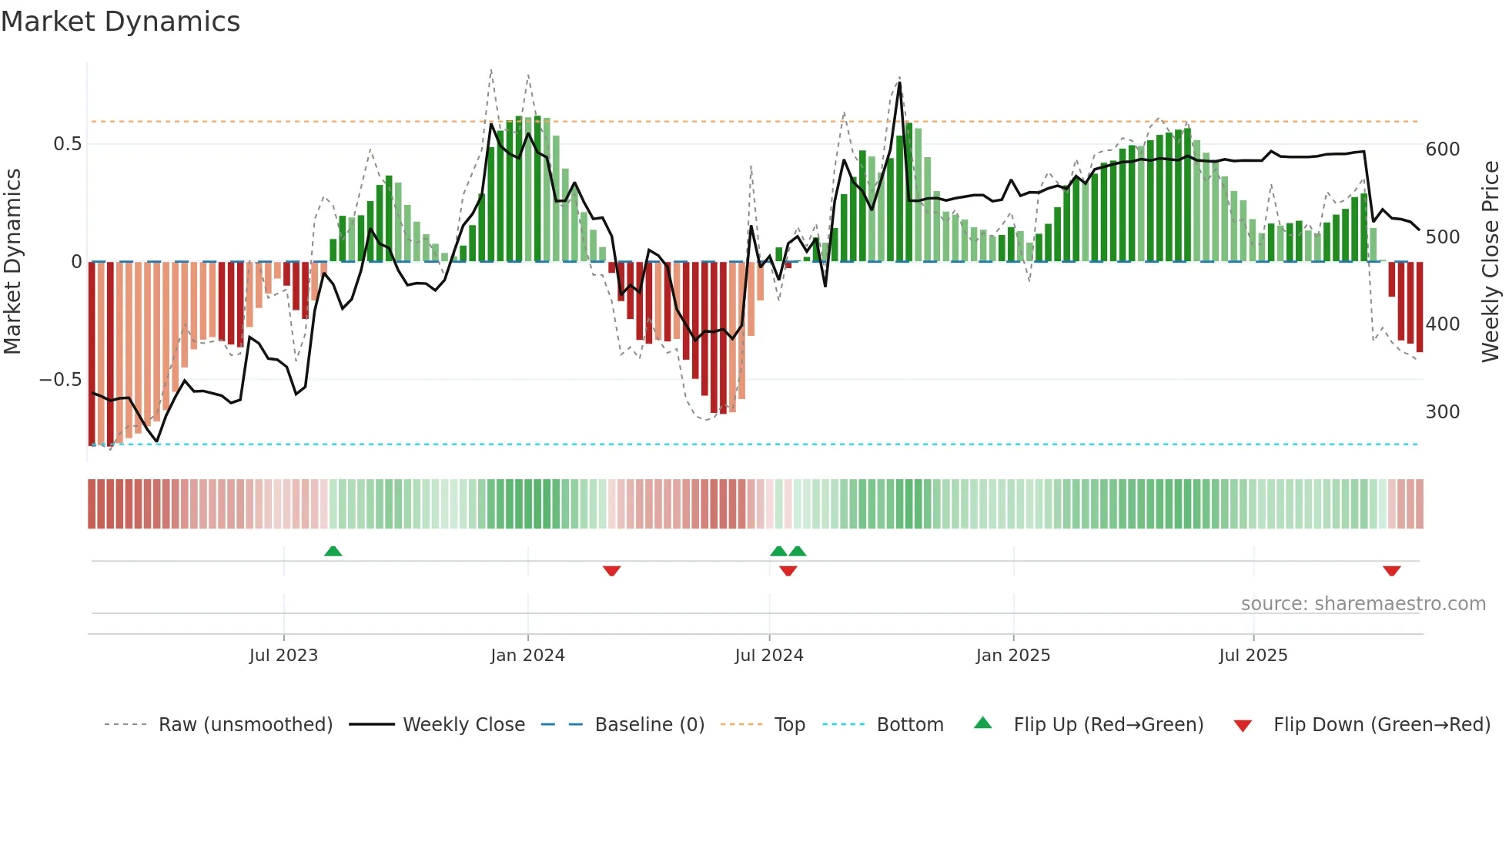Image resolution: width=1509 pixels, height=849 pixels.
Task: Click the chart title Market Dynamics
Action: [121, 22]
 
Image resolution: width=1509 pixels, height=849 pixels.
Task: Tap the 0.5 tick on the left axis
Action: [67, 144]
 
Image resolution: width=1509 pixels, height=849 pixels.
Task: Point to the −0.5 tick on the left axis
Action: [61, 380]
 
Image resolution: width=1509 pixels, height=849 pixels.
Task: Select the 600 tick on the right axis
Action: [1442, 149]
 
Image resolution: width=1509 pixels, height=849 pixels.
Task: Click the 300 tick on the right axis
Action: [1442, 412]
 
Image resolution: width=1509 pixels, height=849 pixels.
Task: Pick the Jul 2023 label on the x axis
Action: [283, 656]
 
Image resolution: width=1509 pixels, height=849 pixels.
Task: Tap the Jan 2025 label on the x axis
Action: [1012, 656]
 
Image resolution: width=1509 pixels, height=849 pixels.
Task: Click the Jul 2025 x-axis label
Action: [1253, 656]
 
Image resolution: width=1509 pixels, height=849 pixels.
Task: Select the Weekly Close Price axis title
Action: [1491, 262]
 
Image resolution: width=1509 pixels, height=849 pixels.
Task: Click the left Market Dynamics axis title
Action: [12, 262]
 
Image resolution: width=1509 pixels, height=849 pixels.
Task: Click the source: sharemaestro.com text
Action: [1363, 604]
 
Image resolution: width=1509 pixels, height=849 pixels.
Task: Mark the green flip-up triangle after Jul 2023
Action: [333, 552]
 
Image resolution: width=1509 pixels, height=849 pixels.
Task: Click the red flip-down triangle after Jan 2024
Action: [611, 571]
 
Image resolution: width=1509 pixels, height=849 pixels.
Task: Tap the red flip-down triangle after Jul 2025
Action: [1391, 571]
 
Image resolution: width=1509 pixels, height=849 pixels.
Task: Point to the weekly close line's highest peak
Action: [899, 83]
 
